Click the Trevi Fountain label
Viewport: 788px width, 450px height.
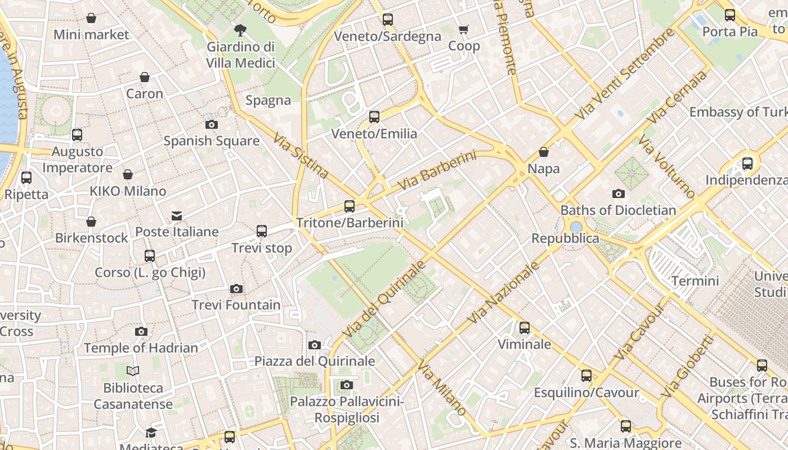tap(236, 305)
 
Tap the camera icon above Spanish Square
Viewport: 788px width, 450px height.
tap(212, 124)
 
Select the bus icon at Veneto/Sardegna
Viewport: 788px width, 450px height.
tap(388, 20)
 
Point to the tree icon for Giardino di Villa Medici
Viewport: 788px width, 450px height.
tap(240, 30)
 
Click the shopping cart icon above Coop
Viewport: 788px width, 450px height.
tap(464, 29)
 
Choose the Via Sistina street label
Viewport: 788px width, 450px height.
tap(301, 156)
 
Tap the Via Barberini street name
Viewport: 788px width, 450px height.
tap(437, 170)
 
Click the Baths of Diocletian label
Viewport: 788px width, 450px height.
tap(618, 210)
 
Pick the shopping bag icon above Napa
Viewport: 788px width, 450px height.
tap(544, 152)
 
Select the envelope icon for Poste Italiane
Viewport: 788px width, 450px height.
tap(177, 215)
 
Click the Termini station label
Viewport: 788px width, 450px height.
tap(695, 281)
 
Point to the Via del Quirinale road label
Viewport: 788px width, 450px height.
tap(383, 299)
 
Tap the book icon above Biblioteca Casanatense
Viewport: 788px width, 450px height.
tap(133, 371)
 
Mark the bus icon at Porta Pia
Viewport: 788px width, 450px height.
tap(730, 15)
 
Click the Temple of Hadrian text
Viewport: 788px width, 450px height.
tap(141, 348)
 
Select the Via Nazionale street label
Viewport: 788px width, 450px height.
tap(503, 292)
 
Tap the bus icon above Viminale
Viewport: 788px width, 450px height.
tap(525, 327)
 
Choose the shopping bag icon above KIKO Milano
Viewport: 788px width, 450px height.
tap(128, 175)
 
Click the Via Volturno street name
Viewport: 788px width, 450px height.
tap(668, 166)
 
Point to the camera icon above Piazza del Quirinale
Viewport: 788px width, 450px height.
tap(315, 345)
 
